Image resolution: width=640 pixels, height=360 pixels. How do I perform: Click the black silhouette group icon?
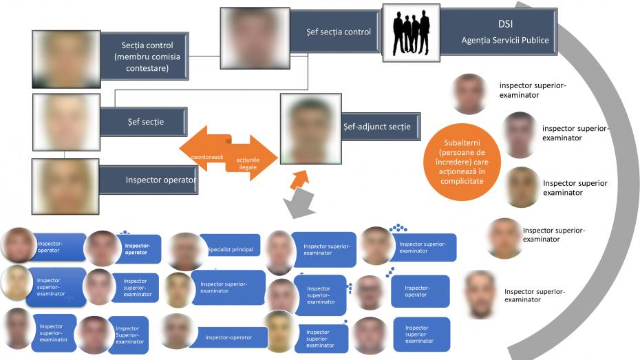[x=410, y=33]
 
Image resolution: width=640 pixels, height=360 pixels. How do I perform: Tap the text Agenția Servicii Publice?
[x=505, y=40]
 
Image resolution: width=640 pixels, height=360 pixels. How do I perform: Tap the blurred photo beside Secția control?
[x=66, y=59]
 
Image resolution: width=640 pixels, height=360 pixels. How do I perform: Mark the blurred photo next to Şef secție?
[x=66, y=122]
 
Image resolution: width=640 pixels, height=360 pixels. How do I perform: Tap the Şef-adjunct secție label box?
[x=376, y=127]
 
